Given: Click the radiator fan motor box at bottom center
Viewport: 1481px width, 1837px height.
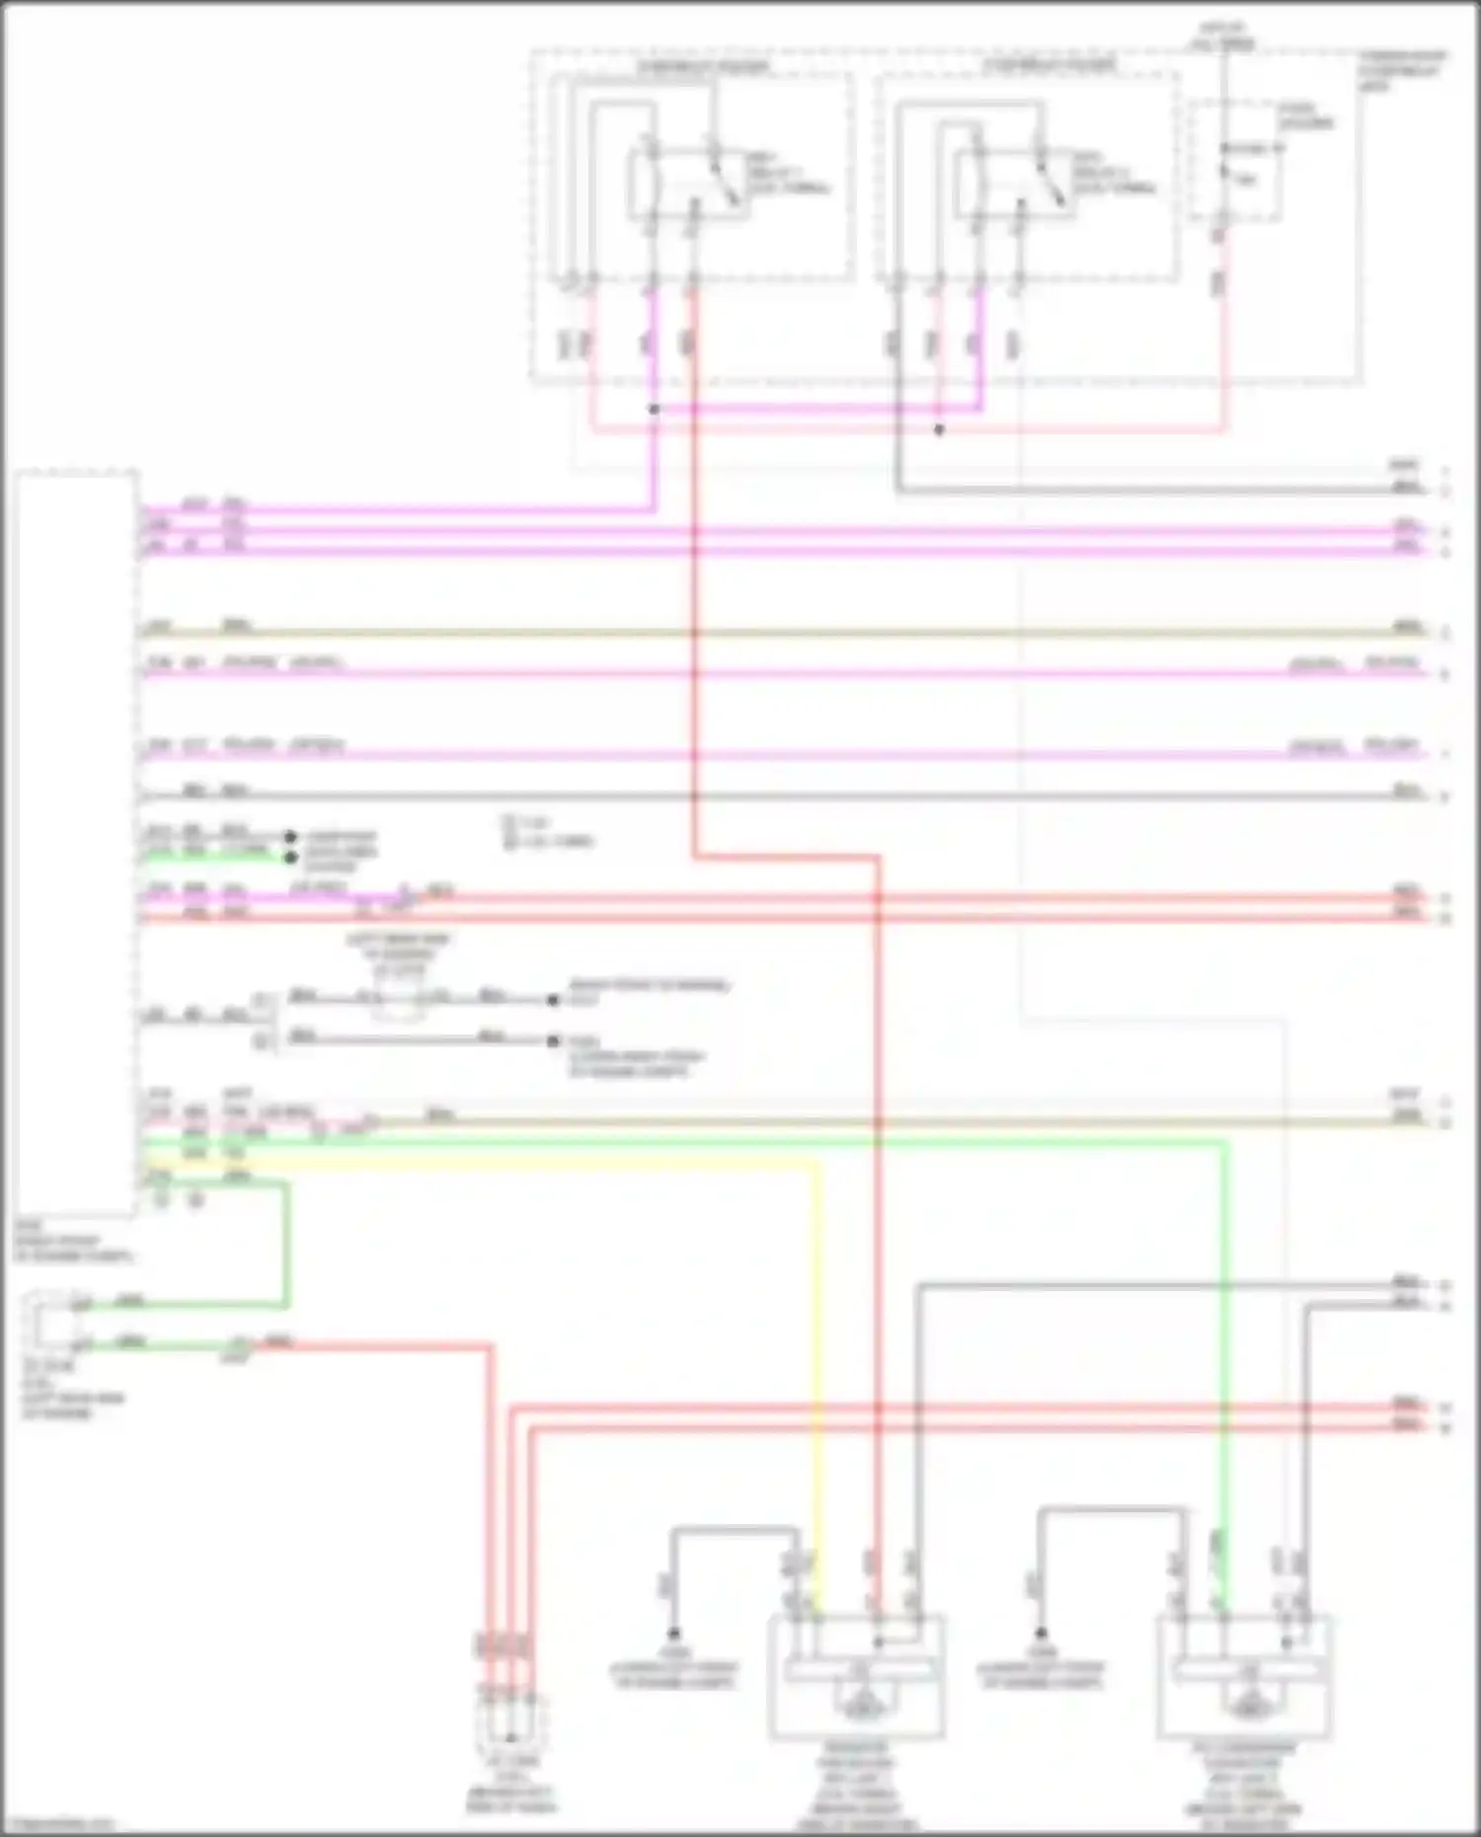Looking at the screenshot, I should (x=857, y=1677).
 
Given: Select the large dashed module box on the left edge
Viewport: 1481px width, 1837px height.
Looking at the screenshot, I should (x=76, y=844).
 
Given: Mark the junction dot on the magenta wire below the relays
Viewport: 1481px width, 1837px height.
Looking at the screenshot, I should (x=654, y=409).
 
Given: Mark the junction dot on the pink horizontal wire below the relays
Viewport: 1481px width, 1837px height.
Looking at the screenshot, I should (x=939, y=430).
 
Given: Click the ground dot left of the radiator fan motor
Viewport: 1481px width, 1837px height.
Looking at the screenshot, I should (x=673, y=1634).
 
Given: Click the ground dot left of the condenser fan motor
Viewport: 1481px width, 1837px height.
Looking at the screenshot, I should (x=1041, y=1634).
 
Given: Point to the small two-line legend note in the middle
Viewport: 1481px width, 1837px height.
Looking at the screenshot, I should (x=548, y=832).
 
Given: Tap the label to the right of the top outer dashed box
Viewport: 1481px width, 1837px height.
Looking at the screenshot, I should (x=1402, y=69).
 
